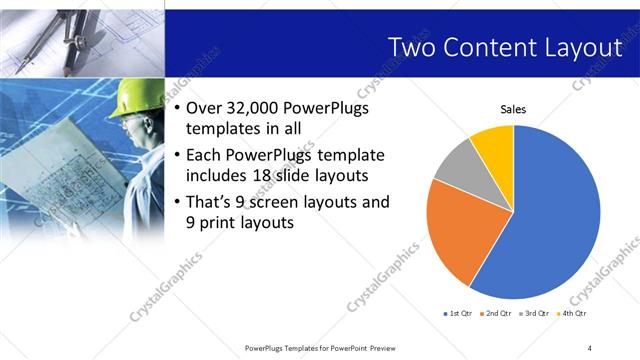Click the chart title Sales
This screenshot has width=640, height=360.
click(513, 110)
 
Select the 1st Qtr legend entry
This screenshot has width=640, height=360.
click(456, 313)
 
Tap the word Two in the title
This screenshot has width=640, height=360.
click(412, 47)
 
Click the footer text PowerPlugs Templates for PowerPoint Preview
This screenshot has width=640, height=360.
click(319, 347)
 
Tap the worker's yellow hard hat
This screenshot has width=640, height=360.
click(133, 98)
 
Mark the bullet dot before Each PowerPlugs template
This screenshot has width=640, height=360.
click(177, 155)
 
